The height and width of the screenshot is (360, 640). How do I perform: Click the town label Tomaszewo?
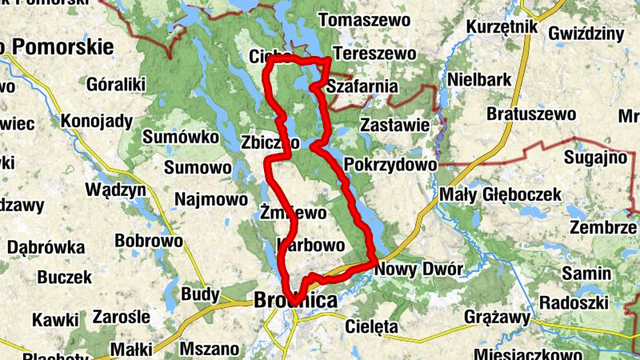pos(364,19)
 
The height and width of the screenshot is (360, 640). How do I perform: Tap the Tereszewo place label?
pos(374,54)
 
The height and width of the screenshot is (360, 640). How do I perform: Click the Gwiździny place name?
pos(586,33)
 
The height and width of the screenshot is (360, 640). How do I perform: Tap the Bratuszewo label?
pos(531,114)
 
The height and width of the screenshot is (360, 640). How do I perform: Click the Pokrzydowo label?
pos(390,164)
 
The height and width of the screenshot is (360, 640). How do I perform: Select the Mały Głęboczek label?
pos(495,194)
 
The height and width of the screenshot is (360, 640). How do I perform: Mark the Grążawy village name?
pos(498,318)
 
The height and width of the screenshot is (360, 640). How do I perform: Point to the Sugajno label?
pos(595,157)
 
